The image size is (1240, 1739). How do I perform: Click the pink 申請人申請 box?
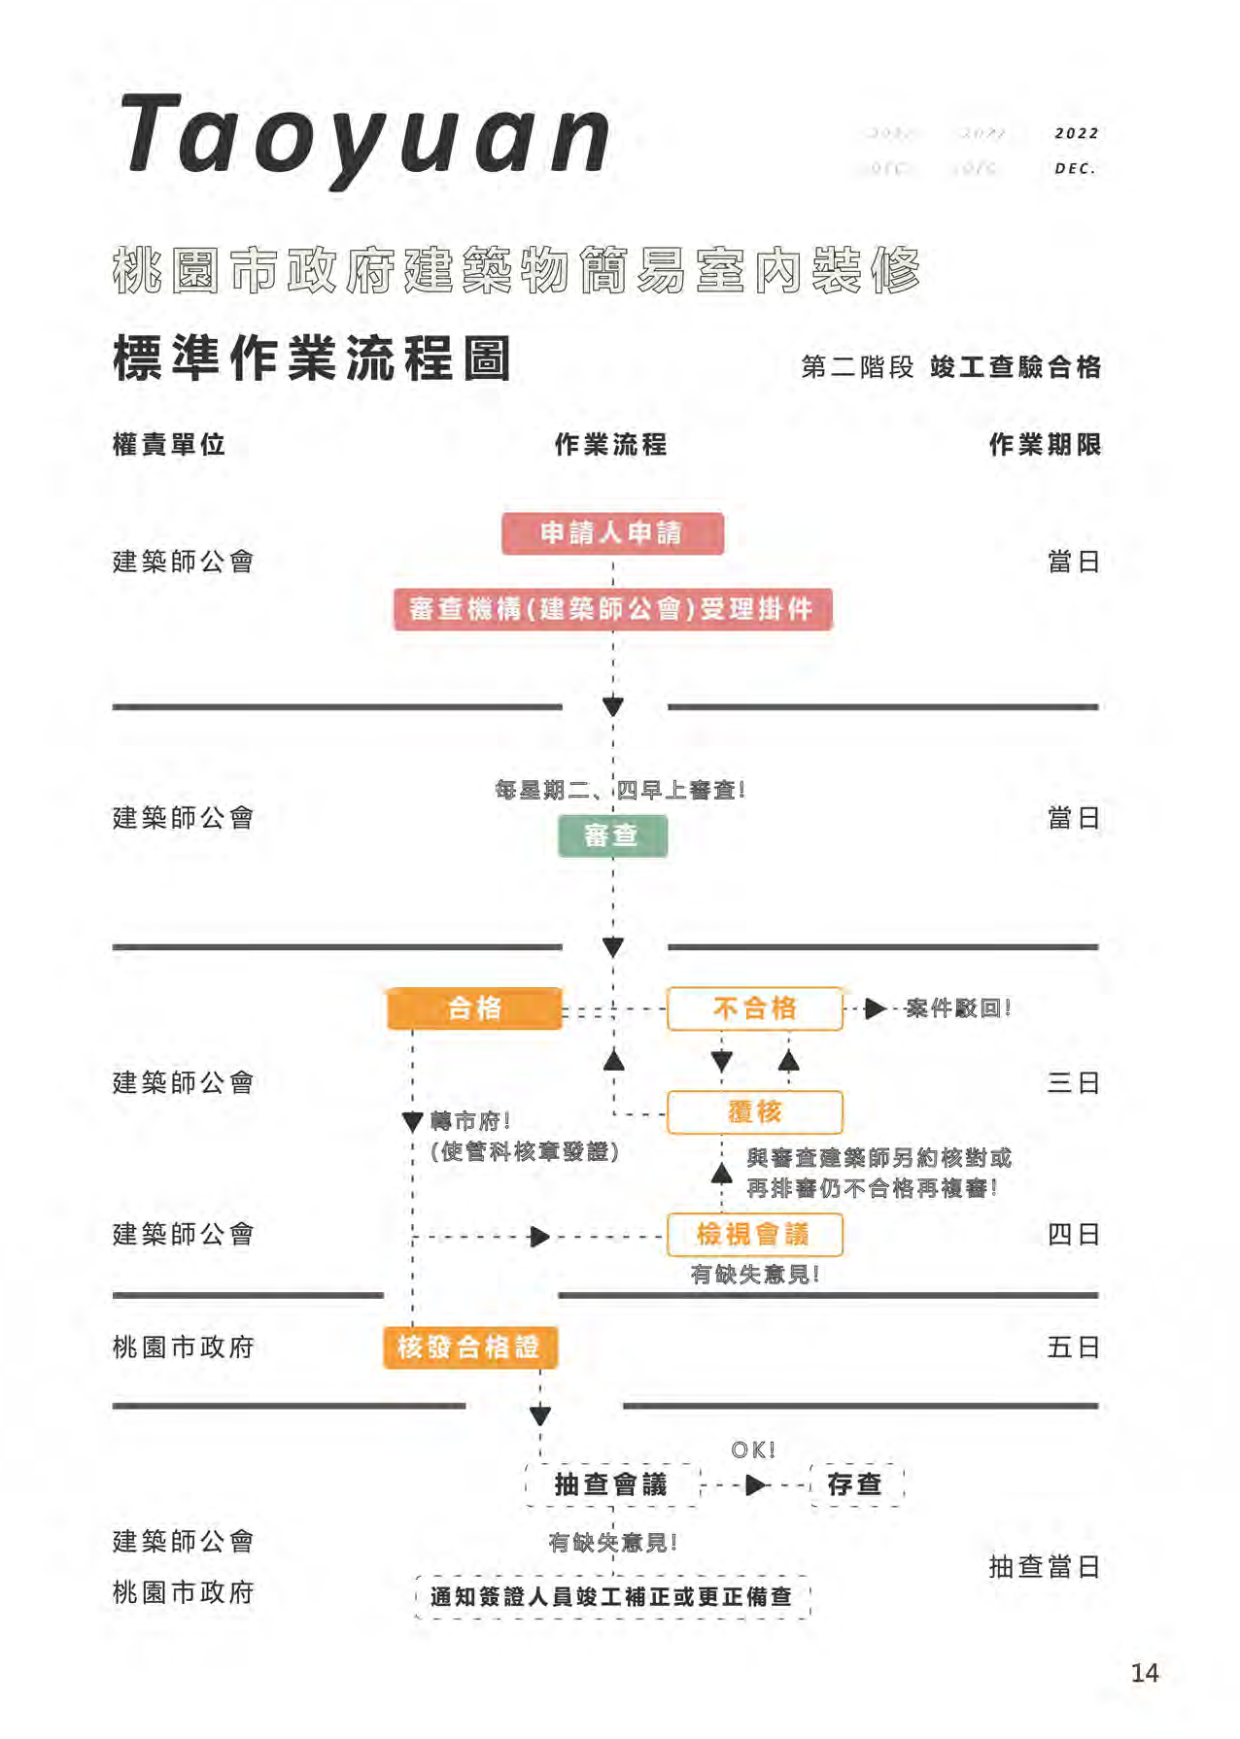(x=612, y=533)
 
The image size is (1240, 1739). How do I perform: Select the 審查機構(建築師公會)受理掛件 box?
(x=612, y=609)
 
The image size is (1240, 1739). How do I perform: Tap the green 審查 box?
(x=612, y=835)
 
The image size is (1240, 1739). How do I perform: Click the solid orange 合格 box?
(x=474, y=1008)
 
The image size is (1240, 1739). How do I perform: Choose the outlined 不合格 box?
(x=754, y=1008)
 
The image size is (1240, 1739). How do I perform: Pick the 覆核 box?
(x=754, y=1112)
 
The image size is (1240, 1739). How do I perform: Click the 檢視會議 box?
(x=754, y=1235)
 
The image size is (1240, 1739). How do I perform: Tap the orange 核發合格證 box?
(x=469, y=1347)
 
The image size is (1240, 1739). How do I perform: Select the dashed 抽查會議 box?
(x=612, y=1484)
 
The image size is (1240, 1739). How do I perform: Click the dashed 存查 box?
(x=856, y=1484)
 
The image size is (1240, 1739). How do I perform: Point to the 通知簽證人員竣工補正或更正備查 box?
(x=612, y=1597)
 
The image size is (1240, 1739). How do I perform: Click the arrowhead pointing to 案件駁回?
(x=875, y=1008)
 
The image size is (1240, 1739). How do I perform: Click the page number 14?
(x=1145, y=1673)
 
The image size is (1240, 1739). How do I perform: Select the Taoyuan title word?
(x=364, y=136)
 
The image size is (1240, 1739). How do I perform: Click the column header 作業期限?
(x=1045, y=445)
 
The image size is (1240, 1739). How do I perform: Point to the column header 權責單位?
(x=169, y=445)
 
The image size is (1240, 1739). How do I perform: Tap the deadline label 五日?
(x=1073, y=1347)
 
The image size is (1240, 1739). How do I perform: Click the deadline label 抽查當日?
(x=1044, y=1567)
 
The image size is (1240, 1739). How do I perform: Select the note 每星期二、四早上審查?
(x=620, y=790)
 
